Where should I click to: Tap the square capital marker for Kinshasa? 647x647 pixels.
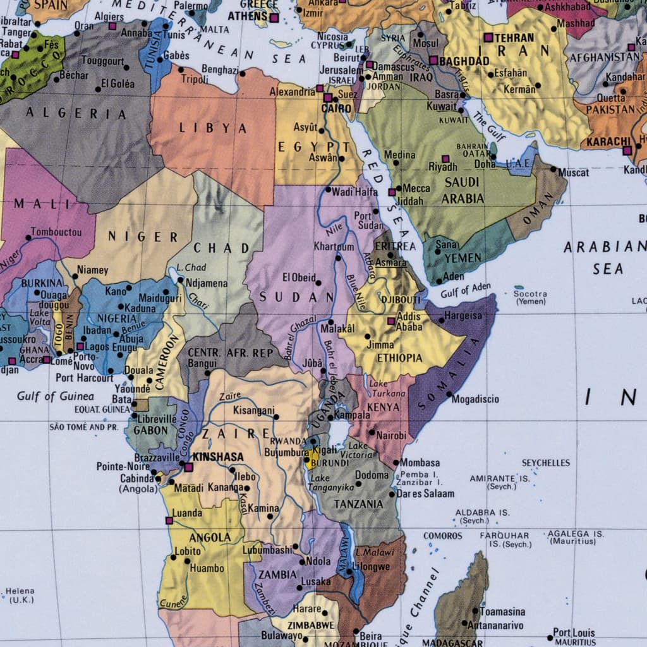click(188, 467)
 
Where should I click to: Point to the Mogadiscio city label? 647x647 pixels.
click(476, 399)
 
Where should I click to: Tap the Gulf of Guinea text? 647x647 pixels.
click(56, 396)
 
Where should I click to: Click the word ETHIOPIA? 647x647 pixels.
click(399, 358)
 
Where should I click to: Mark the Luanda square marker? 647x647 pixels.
click(169, 521)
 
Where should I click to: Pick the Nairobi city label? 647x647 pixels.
click(391, 435)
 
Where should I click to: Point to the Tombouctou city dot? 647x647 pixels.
click(28, 238)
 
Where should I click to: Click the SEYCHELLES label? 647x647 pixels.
click(545, 463)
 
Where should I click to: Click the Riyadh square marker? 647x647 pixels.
click(445, 159)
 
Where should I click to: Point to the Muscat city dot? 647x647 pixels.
click(553, 169)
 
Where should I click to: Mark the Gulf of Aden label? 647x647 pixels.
click(466, 290)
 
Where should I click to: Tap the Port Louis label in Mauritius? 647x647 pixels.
click(574, 632)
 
